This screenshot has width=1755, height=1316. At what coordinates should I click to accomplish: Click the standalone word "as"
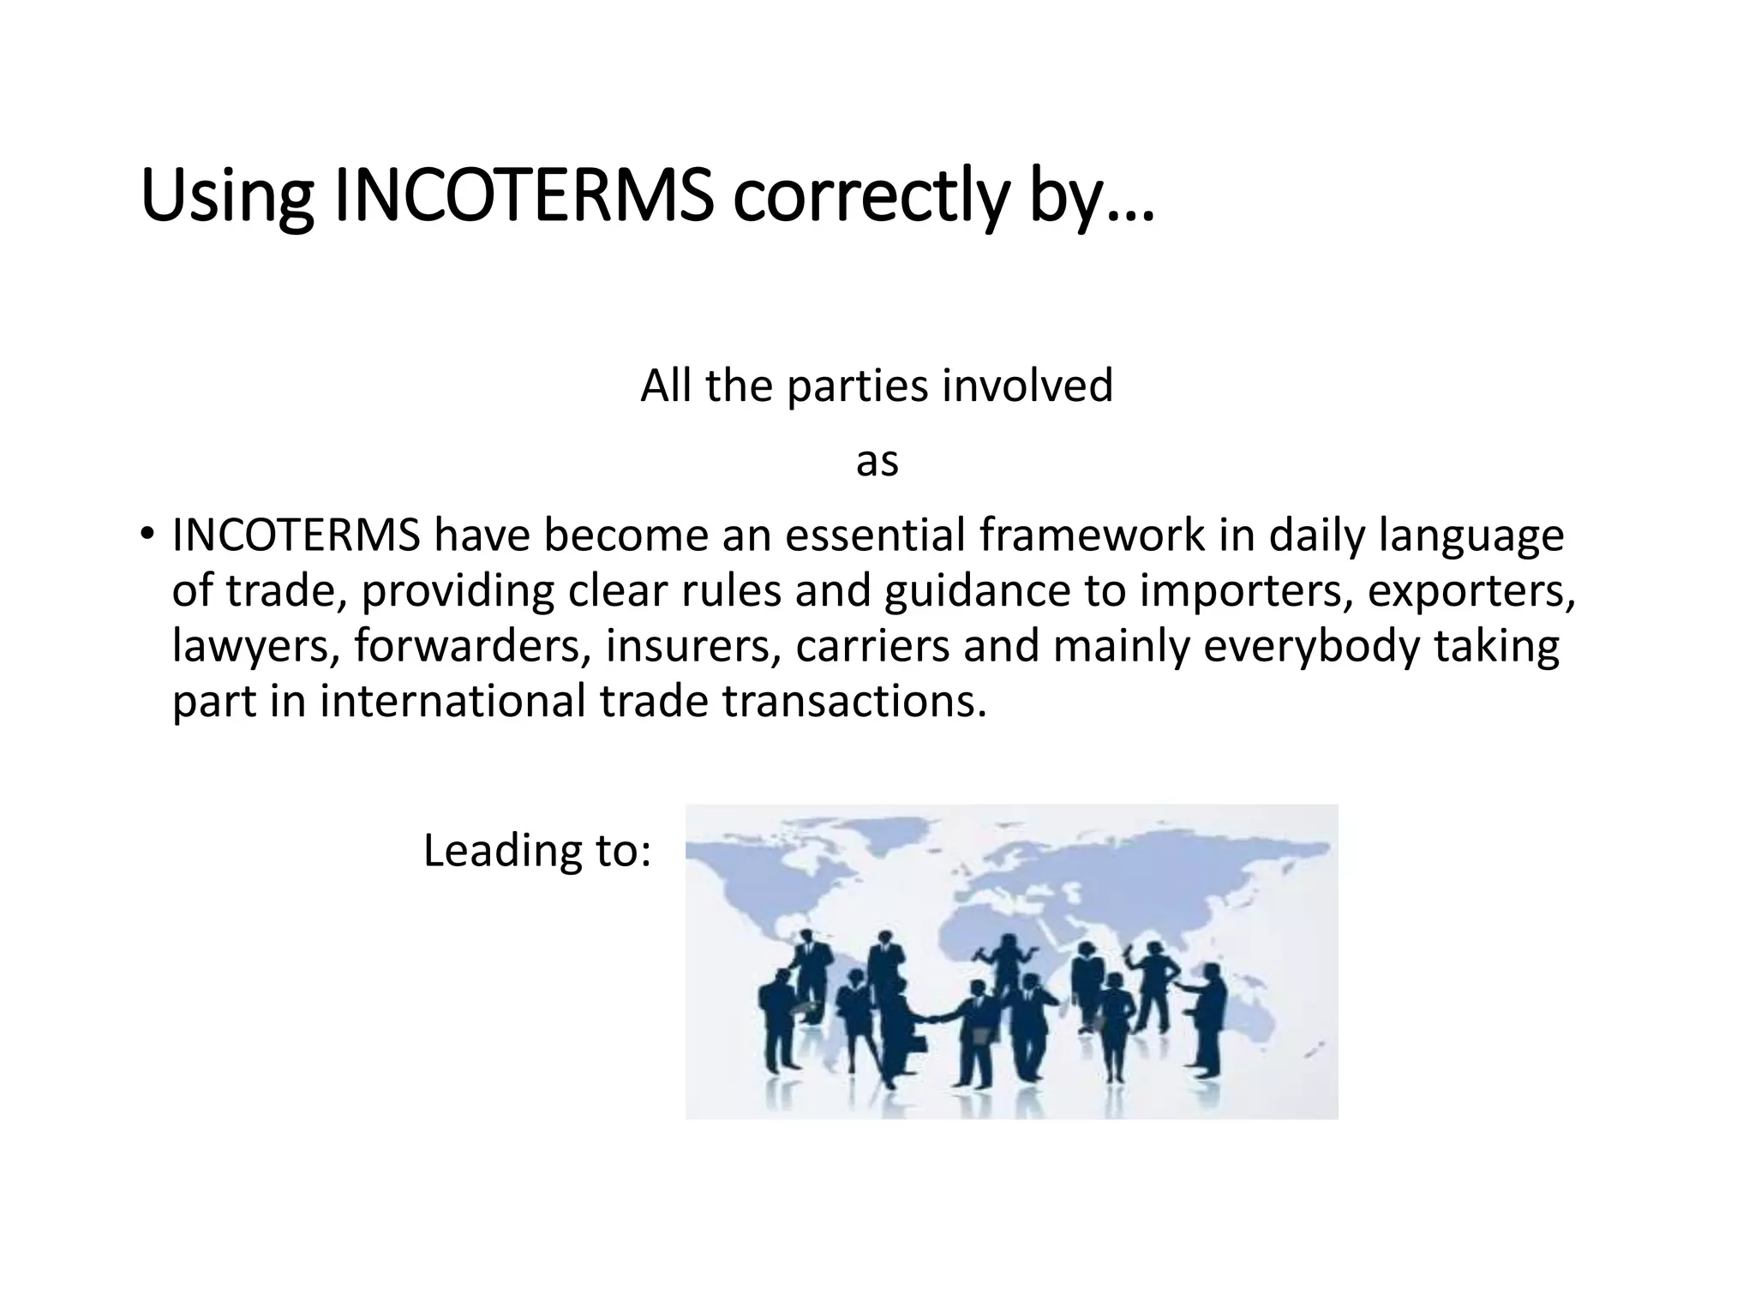pyautogui.click(x=877, y=463)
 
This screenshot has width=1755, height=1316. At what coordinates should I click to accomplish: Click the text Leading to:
pyautogui.click(x=537, y=851)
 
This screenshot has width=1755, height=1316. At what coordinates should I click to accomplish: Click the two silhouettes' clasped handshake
pyautogui.click(x=929, y=1018)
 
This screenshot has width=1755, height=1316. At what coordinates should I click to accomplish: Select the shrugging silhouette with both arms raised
pyautogui.click(x=1006, y=960)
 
